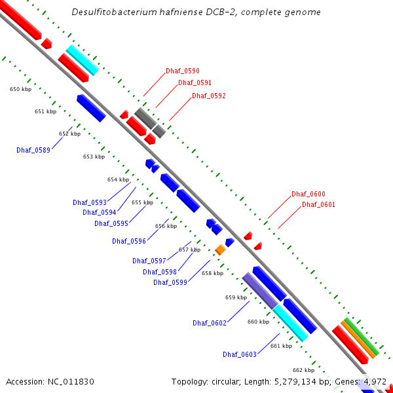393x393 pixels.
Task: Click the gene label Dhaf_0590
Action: tap(183, 71)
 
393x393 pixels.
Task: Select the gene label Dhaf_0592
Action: tap(209, 96)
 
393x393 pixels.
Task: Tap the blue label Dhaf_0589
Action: tap(33, 150)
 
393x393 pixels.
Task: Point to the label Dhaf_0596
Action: tap(129, 241)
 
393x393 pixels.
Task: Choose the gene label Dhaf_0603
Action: tap(240, 354)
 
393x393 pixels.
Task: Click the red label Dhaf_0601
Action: tap(319, 205)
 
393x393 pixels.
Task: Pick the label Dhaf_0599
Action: tap(170, 282)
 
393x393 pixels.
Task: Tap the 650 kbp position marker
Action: tap(20, 89)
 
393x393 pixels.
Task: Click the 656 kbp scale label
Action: tap(166, 226)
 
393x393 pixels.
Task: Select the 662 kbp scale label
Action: tap(303, 370)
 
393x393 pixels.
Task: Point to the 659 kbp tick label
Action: tap(236, 297)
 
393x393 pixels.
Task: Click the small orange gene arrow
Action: tap(221, 250)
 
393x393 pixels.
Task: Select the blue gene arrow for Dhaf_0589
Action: tap(91, 108)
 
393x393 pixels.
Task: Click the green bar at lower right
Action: tap(362, 336)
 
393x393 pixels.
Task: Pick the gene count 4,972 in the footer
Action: tap(375, 381)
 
